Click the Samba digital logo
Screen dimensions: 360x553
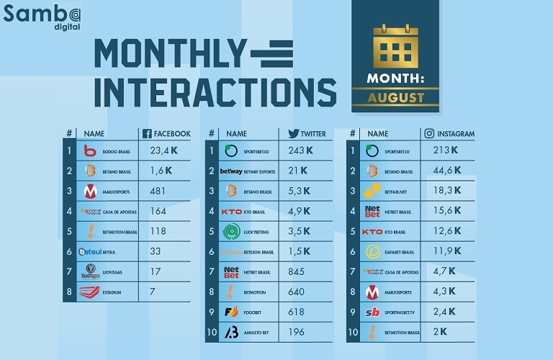42,15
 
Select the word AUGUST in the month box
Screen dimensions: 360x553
395,97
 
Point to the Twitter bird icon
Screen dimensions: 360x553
294,133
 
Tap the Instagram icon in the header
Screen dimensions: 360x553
428,133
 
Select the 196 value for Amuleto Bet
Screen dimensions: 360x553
297,333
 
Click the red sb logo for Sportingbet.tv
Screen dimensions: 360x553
372,312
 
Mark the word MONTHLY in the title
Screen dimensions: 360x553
170,53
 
